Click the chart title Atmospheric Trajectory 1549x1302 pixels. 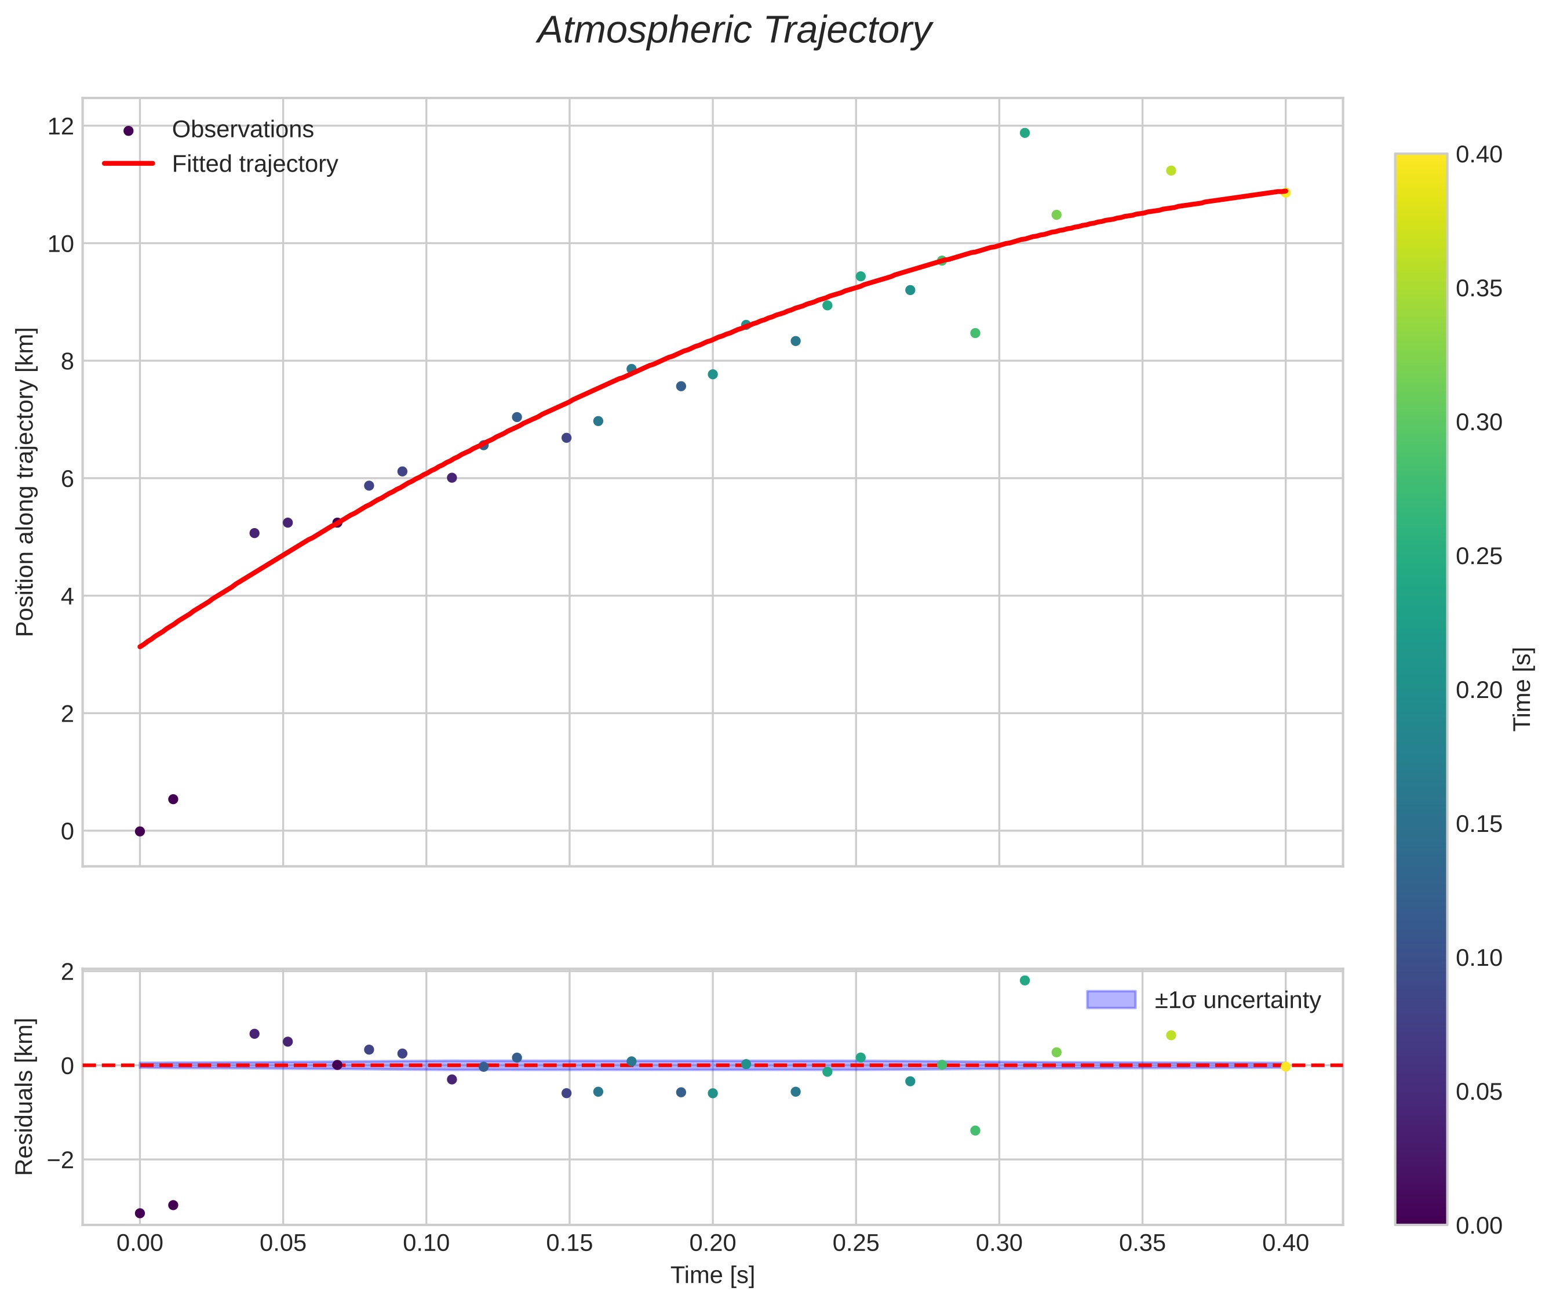tap(734, 31)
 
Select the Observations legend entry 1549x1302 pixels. tap(242, 130)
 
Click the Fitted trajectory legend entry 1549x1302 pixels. tap(254, 164)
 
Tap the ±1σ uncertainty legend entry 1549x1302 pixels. tap(1237, 1000)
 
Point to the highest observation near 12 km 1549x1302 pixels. tap(1025, 133)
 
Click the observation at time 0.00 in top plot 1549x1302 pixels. tap(140, 831)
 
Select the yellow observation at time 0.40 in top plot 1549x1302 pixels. tap(1285, 192)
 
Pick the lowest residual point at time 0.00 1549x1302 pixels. tap(140, 1213)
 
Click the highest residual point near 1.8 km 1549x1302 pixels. tap(1025, 980)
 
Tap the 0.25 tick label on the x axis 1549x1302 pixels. tap(855, 1243)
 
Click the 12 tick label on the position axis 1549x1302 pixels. tap(60, 126)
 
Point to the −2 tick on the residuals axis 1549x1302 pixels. tap(60, 1159)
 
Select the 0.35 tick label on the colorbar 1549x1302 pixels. tap(1478, 289)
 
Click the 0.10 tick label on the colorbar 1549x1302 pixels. tap(1478, 958)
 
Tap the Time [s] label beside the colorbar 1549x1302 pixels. tap(1522, 689)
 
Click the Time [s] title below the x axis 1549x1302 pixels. tap(712, 1275)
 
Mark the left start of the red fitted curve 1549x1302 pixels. tap(140, 646)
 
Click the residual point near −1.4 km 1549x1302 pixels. tap(975, 1130)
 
